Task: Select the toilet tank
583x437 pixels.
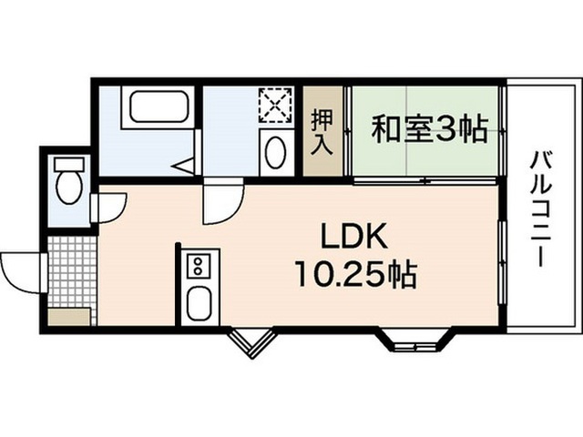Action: coord(69,164)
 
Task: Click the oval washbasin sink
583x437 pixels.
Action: coord(276,153)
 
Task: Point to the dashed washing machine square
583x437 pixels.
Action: coord(275,106)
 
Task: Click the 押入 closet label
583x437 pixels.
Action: coord(322,131)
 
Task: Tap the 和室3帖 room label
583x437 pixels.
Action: coord(429,129)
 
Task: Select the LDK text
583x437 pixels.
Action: coord(354,237)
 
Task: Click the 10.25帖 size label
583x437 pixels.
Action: coord(355,275)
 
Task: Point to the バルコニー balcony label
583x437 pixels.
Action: coord(540,208)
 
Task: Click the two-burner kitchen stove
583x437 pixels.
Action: coord(199,266)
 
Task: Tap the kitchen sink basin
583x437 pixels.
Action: coord(199,303)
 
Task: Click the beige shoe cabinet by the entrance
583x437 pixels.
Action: coord(69,317)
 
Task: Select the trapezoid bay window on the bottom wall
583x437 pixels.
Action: coord(416,340)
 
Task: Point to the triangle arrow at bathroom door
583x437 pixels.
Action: coord(184,166)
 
